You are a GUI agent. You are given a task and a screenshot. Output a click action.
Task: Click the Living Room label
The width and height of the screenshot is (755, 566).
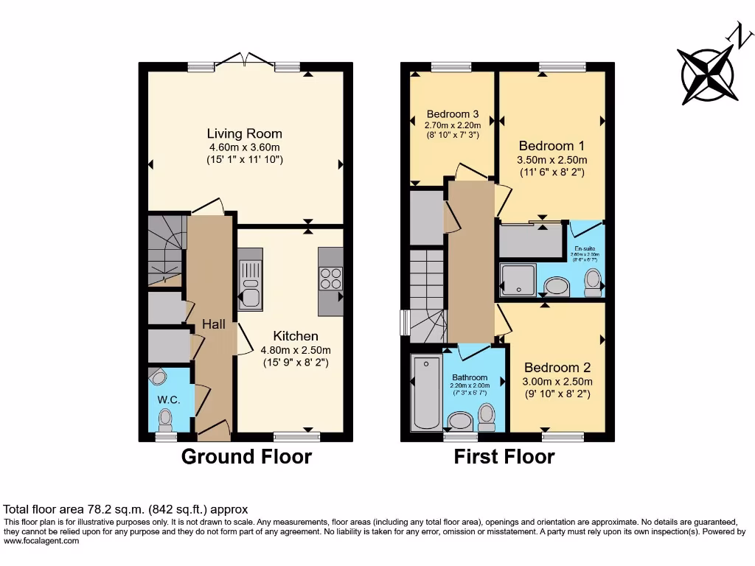244,133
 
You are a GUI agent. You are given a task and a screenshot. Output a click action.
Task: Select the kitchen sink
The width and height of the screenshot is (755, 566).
251,285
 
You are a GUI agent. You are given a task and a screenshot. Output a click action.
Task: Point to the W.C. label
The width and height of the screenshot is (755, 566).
169,399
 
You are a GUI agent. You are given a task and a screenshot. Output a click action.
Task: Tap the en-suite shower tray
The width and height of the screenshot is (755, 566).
518,279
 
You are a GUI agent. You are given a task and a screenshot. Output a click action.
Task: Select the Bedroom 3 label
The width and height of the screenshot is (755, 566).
453,114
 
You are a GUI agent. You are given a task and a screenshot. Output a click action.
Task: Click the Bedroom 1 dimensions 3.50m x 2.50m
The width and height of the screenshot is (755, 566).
552,160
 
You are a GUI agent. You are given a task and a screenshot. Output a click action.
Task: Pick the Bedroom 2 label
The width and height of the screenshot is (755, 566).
557,367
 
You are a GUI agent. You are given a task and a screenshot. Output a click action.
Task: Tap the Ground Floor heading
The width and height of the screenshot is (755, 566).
246,457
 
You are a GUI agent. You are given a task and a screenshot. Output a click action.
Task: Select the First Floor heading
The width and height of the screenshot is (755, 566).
504,457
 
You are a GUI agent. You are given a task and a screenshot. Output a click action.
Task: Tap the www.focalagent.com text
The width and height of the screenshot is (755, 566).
41,541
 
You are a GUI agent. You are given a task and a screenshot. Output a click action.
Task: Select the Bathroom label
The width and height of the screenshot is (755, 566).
470,377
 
